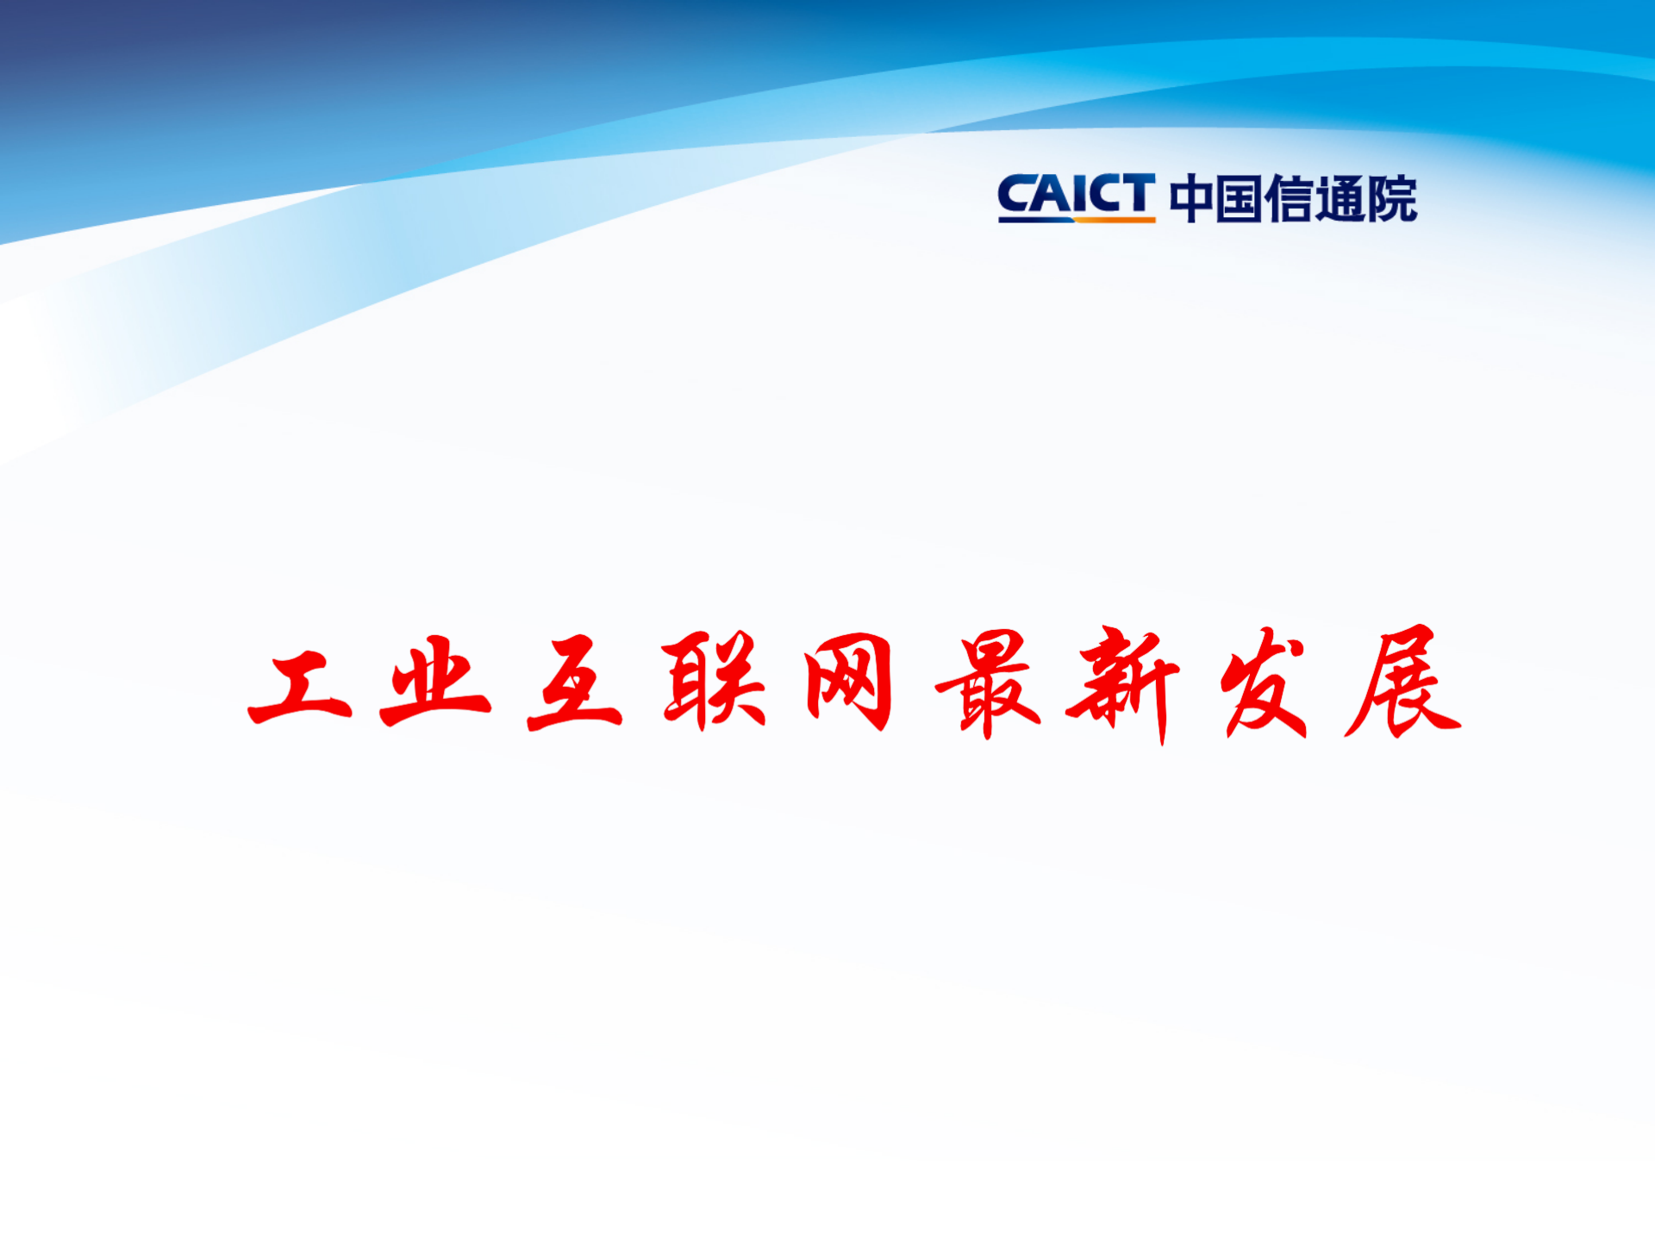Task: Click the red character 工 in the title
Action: pos(300,687)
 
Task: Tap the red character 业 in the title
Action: pos(435,683)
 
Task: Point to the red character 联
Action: pos(714,681)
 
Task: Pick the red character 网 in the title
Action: pos(849,682)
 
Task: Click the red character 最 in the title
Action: pos(989,682)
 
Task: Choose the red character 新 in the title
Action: pos(1123,683)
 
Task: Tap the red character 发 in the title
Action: pos(1264,682)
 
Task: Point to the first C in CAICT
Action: pos(1017,195)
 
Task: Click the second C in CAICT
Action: pos(1104,195)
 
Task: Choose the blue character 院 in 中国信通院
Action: pos(1391,198)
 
